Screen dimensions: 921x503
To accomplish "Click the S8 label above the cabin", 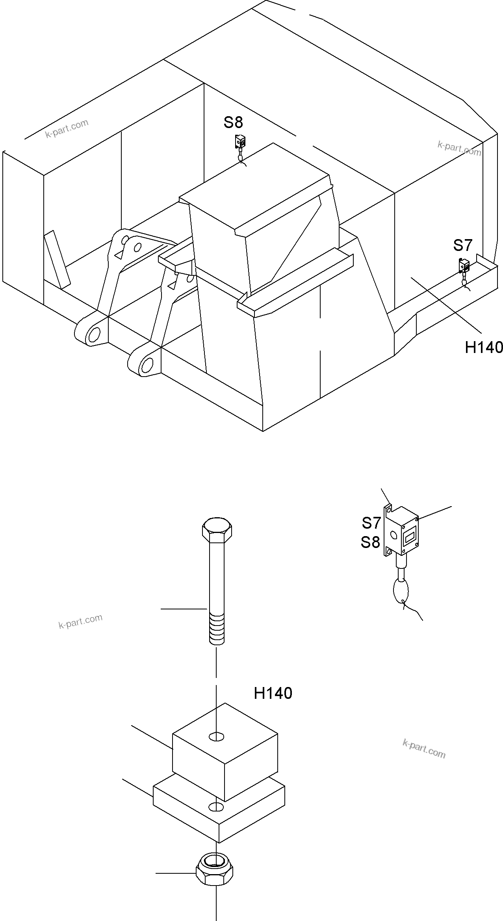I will click(233, 123).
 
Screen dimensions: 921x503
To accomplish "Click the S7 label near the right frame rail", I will click(462, 245).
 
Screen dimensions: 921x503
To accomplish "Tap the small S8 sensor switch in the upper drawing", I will click(240, 141).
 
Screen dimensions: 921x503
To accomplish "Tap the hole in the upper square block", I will click(216, 736).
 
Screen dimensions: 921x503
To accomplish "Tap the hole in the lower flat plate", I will click(216, 807).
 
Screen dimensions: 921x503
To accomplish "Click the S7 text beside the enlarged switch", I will click(371, 523).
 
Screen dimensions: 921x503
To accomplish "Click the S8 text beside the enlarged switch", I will click(370, 542).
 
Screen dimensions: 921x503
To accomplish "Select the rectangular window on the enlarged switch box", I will click(410, 536).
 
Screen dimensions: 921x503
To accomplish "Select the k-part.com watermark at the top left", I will click(67, 129).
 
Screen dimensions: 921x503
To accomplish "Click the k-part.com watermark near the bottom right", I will click(424, 748).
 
